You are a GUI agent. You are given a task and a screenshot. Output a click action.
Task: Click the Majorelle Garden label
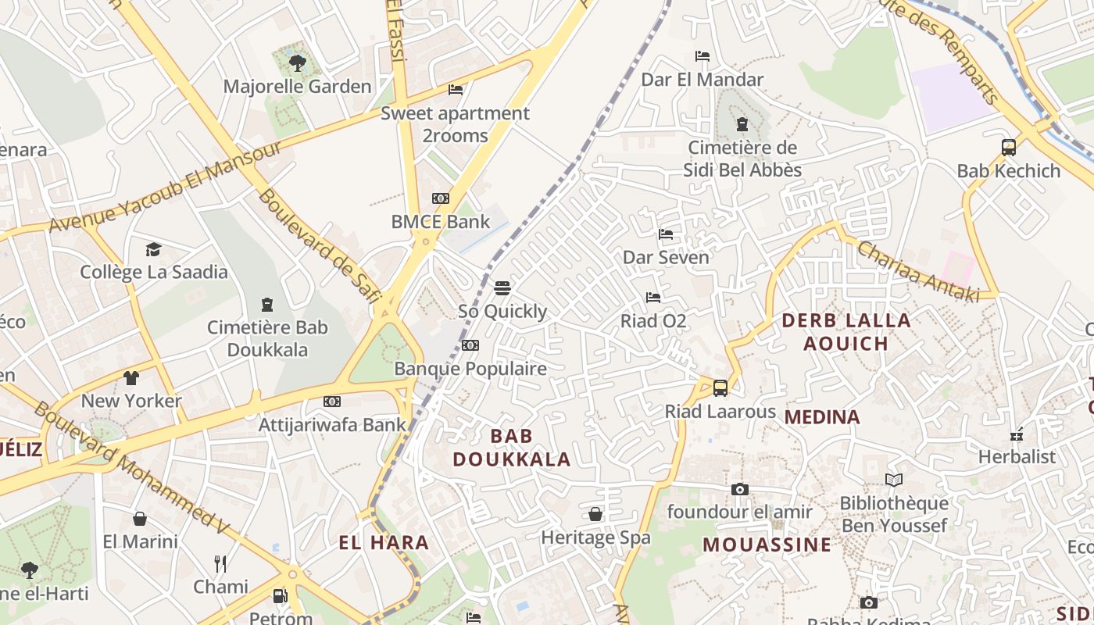[297, 86]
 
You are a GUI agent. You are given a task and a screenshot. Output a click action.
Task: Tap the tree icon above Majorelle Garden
[297, 62]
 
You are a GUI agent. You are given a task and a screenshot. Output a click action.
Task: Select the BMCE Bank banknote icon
[441, 198]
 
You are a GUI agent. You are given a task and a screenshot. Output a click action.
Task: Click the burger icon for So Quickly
[502, 288]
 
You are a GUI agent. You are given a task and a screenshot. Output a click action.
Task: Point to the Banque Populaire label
[470, 368]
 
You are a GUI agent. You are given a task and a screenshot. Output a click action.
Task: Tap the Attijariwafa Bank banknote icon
[332, 402]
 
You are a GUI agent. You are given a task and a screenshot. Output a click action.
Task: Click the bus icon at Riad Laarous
[720, 387]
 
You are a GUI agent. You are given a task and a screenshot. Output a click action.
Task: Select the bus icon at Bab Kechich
[1009, 147]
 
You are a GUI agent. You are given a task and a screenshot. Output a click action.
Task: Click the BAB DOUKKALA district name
[512, 448]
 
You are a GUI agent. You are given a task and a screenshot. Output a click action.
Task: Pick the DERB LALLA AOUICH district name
[846, 331]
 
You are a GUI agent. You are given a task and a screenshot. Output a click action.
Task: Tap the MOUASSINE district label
[767, 545]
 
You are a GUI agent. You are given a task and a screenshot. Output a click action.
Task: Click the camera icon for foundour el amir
[739, 490]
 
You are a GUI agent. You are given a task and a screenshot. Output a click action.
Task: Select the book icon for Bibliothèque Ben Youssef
[894, 480]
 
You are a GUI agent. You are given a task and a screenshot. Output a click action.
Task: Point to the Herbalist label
[1017, 456]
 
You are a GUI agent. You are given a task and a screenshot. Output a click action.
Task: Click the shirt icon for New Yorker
[131, 378]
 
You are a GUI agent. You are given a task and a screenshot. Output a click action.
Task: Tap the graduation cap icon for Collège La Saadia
[153, 249]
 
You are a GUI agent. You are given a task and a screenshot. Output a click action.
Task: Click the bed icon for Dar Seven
[666, 234]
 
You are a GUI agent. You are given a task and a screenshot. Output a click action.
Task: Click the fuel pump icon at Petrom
[280, 596]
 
